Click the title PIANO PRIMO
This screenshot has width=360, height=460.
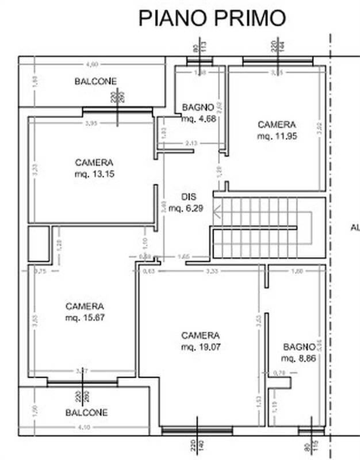point(212,18)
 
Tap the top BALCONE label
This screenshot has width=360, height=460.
point(95,82)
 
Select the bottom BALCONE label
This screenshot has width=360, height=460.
point(86,412)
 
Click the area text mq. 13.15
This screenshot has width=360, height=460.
point(94,174)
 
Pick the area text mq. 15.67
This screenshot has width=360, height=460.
point(85,317)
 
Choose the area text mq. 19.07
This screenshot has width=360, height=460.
point(200,347)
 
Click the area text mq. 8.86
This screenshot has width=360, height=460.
point(298,358)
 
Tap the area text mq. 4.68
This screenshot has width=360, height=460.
point(198,119)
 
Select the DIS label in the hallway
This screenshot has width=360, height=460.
point(189,196)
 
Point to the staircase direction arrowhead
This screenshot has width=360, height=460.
point(216,214)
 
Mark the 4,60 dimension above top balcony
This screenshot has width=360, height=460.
point(92,64)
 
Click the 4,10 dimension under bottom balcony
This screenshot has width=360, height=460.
point(84,427)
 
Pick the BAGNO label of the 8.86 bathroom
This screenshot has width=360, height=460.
point(299,347)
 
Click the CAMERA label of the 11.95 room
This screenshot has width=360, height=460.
point(276,124)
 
